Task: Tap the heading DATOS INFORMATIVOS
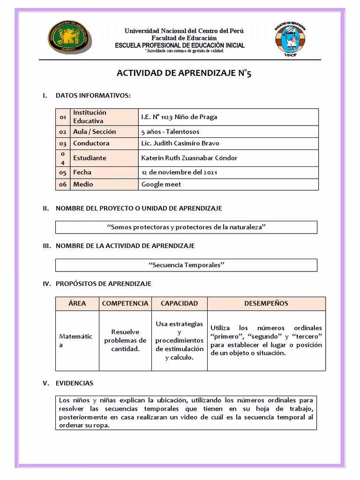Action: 93,96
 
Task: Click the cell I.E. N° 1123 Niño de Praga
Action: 179,117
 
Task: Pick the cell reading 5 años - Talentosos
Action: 170,132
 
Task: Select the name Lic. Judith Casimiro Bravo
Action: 180,143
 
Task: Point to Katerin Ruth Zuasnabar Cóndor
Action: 189,158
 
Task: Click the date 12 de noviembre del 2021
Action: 179,172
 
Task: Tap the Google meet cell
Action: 161,184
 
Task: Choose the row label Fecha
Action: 82,172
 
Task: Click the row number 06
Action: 63,185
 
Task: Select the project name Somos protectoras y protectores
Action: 187,227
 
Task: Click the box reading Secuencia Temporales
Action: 187,265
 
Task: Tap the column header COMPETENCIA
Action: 125,303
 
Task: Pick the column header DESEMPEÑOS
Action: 266,303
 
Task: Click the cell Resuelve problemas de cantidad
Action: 125,340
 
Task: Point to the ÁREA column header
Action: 77,303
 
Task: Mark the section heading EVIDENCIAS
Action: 75,383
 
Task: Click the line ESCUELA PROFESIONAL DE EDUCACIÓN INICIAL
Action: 180,45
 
